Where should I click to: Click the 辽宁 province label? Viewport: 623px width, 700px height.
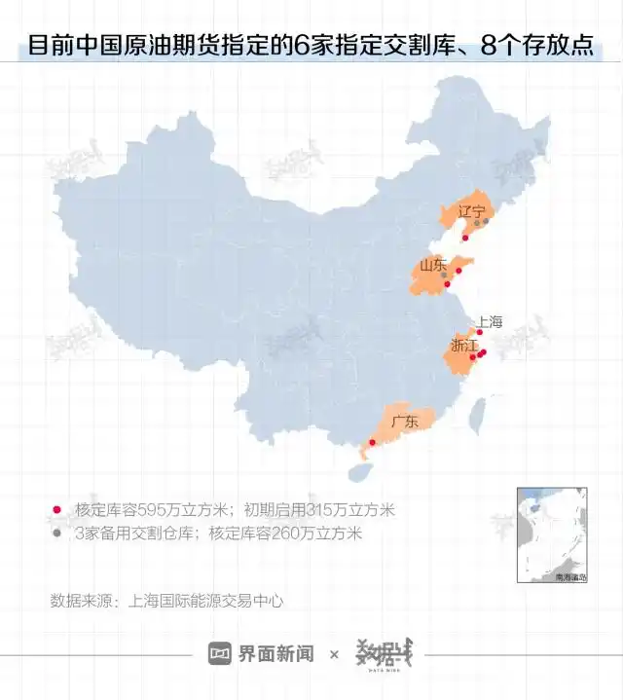[x=471, y=210]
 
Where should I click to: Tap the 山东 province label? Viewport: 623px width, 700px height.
[x=433, y=265]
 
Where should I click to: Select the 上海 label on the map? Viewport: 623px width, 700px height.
[x=489, y=322]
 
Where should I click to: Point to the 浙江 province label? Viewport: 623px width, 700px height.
[x=464, y=346]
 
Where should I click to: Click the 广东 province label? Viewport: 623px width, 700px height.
[x=405, y=422]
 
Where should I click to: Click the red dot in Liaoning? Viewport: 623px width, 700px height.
[x=465, y=238]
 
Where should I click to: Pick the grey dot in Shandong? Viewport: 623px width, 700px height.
[x=444, y=275]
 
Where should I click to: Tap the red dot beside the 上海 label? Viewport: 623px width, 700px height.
[x=479, y=332]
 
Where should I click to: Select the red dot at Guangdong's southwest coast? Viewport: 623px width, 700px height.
[x=370, y=444]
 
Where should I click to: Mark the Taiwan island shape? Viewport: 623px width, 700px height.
[x=478, y=416]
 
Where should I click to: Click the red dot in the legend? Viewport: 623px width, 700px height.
[x=56, y=510]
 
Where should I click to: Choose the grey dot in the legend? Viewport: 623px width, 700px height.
[x=56, y=533]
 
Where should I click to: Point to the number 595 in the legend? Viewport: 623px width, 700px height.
[x=153, y=510]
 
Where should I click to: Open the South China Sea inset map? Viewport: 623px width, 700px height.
[x=553, y=534]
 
